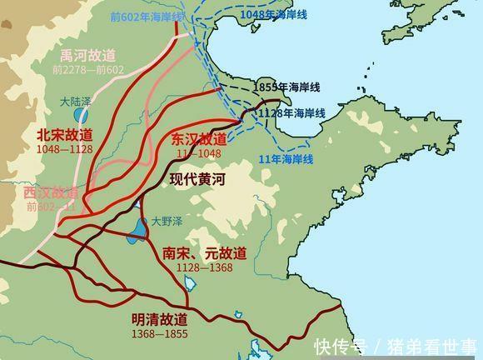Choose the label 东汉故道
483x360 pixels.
199,139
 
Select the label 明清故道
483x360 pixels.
159,319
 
